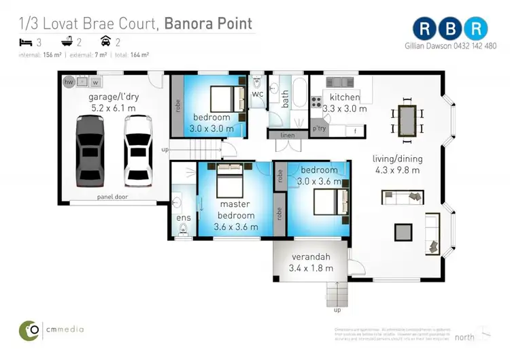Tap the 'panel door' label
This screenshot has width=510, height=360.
click(x=112, y=197)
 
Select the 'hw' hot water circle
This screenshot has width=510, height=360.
click(x=68, y=82)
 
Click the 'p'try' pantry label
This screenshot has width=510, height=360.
click(x=320, y=128)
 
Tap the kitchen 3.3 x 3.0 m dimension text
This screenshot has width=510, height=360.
click(x=344, y=108)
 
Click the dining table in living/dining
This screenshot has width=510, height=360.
click(x=408, y=120)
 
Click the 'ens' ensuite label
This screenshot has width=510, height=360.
click(x=183, y=218)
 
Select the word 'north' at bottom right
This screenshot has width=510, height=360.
click(x=465, y=337)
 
